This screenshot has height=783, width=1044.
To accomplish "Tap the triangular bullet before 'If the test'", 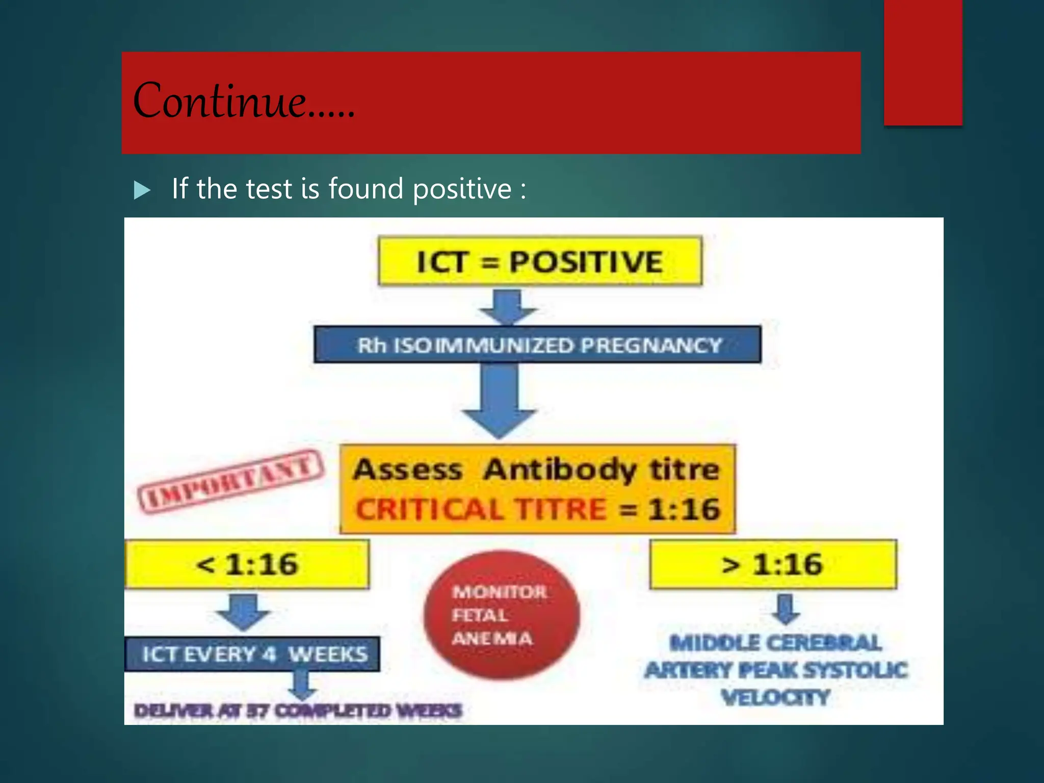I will [x=142, y=190].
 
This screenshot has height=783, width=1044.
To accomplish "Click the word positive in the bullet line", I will [x=462, y=189].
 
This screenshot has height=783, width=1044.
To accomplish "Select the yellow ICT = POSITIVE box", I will [x=539, y=262].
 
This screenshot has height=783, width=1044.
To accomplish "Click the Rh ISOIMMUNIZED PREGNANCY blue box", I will [x=537, y=345].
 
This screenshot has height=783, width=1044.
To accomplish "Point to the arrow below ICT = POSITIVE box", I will [x=508, y=307].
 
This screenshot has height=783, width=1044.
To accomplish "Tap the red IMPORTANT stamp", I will [x=231, y=481].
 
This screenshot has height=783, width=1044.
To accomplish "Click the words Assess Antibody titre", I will [x=536, y=469].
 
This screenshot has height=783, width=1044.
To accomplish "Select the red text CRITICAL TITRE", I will [x=481, y=509].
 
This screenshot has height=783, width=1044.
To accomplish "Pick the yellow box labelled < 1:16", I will [x=247, y=564].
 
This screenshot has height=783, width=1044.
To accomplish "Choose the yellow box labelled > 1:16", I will [x=773, y=564].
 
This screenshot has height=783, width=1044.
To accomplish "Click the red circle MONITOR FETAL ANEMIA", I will [x=501, y=615].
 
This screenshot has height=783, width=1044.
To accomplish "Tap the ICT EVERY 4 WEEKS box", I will [x=253, y=654].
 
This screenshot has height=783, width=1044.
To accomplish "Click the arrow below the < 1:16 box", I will [x=243, y=611].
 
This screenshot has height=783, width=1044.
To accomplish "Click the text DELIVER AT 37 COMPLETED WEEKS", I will [x=298, y=711].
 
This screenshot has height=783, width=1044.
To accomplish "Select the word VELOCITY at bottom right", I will [x=775, y=697].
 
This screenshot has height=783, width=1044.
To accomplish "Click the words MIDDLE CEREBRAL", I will [x=775, y=643].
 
